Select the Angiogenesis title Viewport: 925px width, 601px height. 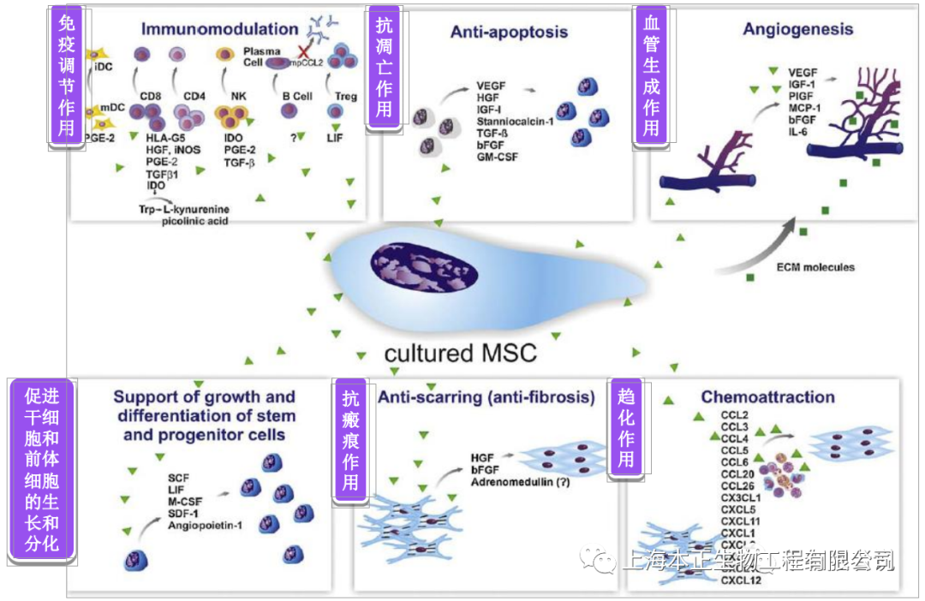[x=797, y=29]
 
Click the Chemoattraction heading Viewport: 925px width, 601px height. [x=767, y=397]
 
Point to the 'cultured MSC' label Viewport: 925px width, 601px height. [x=460, y=353]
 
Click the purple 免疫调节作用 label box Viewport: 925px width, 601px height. [x=66, y=77]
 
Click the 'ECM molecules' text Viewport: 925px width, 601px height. [x=815, y=267]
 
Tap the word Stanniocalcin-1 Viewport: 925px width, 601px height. [x=515, y=122]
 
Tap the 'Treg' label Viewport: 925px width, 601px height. [x=347, y=97]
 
